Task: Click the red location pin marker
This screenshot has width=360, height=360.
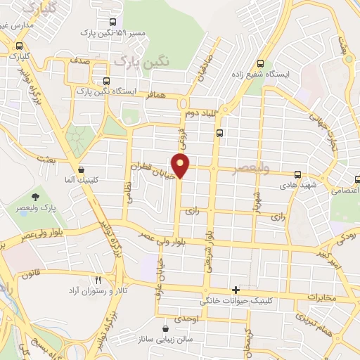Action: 181,165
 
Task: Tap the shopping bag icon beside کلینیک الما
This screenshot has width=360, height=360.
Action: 82,169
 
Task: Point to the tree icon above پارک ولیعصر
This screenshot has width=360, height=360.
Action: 36,197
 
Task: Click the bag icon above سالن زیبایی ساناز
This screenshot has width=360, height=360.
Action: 165,328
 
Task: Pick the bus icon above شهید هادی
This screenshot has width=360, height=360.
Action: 297,174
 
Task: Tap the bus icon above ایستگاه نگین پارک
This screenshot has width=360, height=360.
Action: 106,80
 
